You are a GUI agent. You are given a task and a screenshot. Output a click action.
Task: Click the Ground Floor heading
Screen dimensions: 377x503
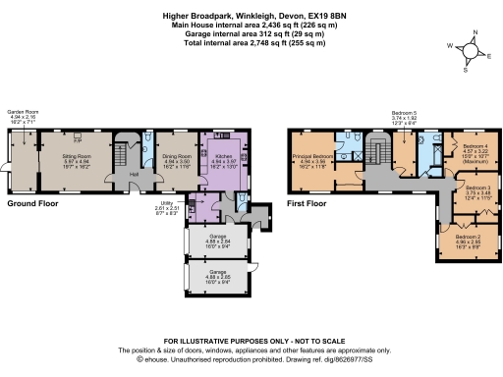[x=32, y=203]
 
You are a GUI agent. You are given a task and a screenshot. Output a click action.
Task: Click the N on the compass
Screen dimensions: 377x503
[x=471, y=32]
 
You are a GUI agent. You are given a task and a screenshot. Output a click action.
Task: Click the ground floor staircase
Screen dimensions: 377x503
[x=123, y=157]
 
